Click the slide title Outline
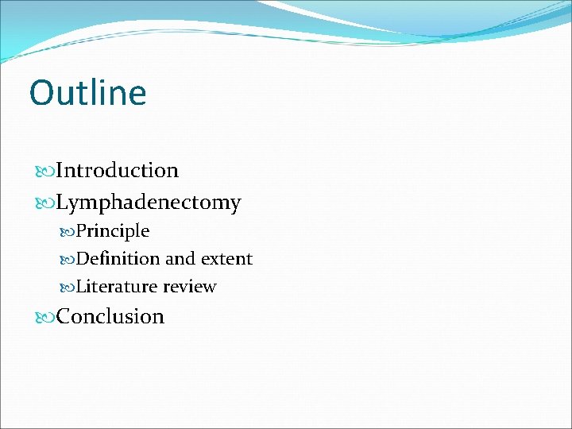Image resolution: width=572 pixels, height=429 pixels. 87,92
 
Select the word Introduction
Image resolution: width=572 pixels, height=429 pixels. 118,171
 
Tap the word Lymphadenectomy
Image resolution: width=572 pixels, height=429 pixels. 149,203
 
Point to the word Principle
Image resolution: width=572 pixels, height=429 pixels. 113,231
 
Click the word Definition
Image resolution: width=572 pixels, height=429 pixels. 118,259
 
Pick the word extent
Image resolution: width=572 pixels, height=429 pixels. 226,259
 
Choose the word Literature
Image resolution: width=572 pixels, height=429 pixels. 117,287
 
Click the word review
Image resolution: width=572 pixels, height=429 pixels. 189,287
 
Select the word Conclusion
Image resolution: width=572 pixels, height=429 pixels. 110,316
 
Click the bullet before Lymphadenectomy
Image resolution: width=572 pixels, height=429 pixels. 46,203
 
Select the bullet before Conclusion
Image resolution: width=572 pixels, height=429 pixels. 46,317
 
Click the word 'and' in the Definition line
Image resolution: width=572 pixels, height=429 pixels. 180,259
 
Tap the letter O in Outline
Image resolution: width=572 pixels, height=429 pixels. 40,93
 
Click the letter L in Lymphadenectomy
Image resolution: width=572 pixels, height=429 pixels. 63,203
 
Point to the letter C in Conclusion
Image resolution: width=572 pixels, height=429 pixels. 64,316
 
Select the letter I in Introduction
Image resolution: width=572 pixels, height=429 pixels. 60,171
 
